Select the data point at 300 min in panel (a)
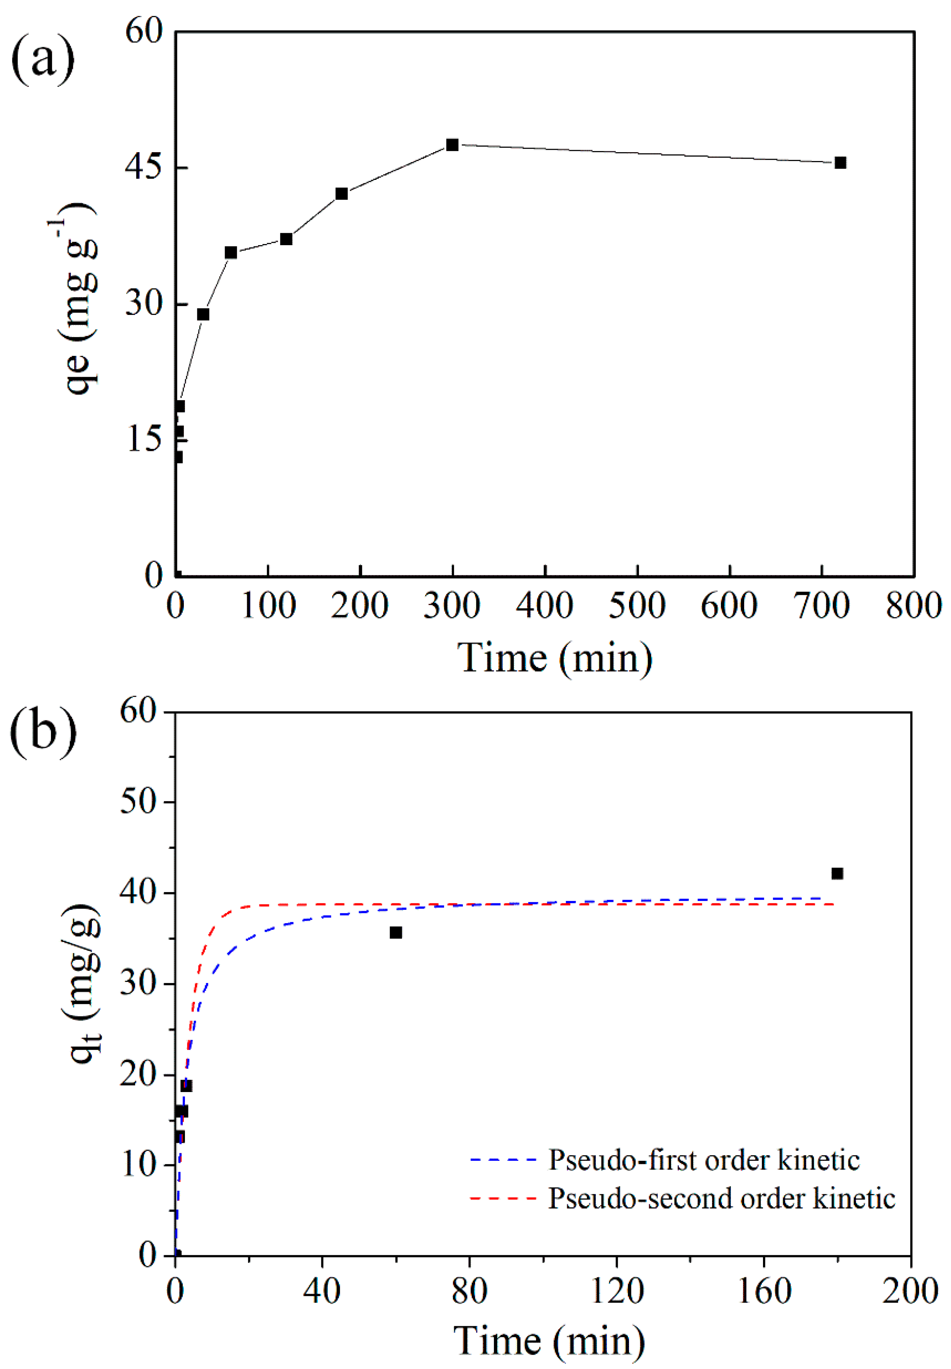click(x=452, y=145)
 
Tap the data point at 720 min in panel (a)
click(x=840, y=163)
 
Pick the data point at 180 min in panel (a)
click(x=341, y=194)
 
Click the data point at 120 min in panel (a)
click(x=286, y=239)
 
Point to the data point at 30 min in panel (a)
click(x=203, y=314)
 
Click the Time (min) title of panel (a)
click(x=554, y=659)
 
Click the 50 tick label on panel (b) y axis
click(x=139, y=802)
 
